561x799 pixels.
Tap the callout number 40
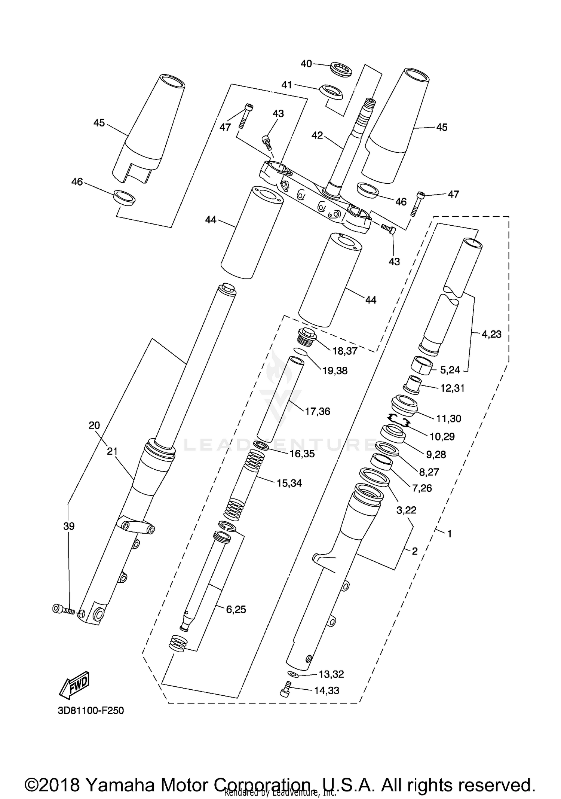306,64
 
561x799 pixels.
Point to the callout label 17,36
318,411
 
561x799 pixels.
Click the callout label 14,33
327,690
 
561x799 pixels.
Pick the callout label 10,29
442,436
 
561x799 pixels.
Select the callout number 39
69,526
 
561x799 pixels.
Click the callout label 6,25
236,610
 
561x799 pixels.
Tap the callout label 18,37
345,351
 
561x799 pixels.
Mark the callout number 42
317,135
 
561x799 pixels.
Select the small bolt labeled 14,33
285,689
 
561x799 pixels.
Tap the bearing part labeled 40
341,70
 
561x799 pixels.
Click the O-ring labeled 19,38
300,351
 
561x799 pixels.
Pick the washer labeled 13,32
293,674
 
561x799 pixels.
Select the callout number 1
450,534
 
